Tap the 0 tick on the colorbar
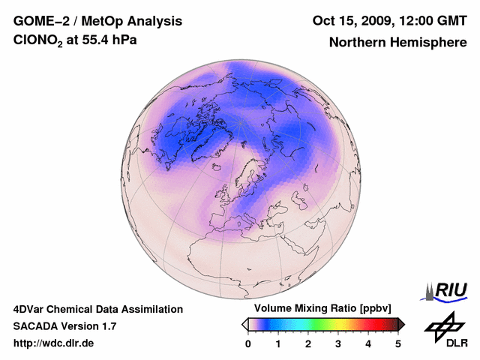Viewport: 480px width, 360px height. click(x=248, y=343)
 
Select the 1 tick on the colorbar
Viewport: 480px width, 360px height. click(x=278, y=343)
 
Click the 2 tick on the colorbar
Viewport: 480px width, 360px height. click(x=308, y=343)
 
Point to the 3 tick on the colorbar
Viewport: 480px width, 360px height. click(x=338, y=343)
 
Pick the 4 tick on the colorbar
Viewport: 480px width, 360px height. click(x=368, y=343)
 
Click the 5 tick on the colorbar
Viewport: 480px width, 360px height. click(x=398, y=343)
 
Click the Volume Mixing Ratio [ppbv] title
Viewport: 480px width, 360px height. click(x=323, y=309)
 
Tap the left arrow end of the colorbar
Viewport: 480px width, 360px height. click(x=244, y=324)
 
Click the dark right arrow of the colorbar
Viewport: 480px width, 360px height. click(x=401, y=324)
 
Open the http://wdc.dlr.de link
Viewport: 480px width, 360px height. click(x=54, y=343)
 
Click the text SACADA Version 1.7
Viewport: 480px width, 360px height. click(x=64, y=326)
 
